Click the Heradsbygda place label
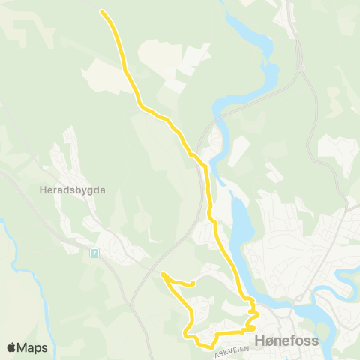point(72,190)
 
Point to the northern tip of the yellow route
point(102,12)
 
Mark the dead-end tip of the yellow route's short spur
point(193,283)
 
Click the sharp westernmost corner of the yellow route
point(163,274)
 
